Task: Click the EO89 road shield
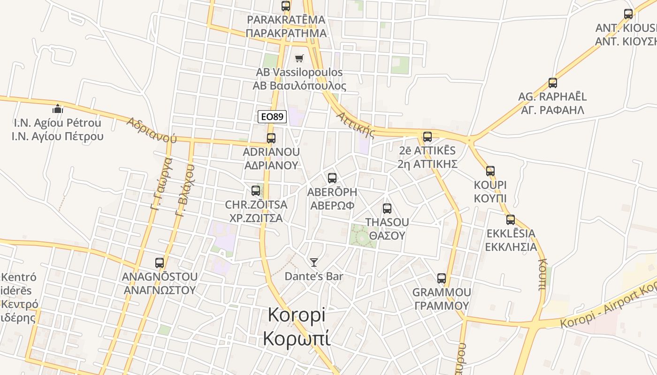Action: (x=272, y=117)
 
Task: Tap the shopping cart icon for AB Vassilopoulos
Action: (x=299, y=59)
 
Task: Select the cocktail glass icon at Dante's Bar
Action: (x=314, y=262)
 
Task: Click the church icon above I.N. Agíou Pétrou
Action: (x=58, y=109)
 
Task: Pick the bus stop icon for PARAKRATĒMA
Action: (x=286, y=6)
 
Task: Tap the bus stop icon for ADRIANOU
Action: (x=271, y=138)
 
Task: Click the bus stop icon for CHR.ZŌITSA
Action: (x=256, y=191)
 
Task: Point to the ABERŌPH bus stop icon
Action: (x=332, y=178)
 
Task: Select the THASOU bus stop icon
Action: (x=387, y=209)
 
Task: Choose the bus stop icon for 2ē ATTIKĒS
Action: (x=428, y=137)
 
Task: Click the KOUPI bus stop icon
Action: (x=490, y=171)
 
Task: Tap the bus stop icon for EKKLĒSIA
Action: (x=511, y=220)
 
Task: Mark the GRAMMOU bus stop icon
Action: (x=442, y=278)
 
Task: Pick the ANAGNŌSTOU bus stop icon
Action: (x=160, y=263)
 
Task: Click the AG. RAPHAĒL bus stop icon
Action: (x=553, y=83)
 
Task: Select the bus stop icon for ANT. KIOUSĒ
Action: (x=628, y=14)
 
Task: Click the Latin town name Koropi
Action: (x=296, y=315)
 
